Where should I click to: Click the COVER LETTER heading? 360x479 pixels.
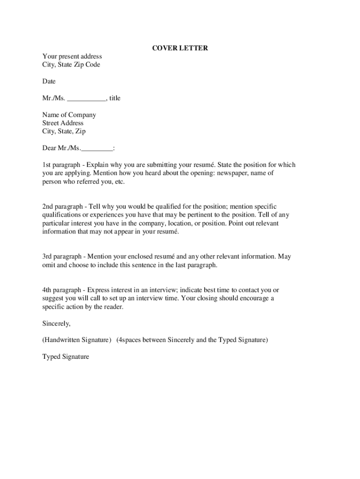(x=180, y=48)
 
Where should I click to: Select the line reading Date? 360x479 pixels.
(x=49, y=81)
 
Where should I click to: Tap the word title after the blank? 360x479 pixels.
(x=115, y=98)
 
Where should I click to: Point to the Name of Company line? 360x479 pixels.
(x=69, y=115)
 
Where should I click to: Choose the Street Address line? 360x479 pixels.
(x=63, y=123)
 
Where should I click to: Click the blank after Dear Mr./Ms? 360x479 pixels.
(x=97, y=149)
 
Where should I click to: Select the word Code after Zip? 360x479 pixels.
(x=93, y=65)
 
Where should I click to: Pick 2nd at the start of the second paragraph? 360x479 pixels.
(x=49, y=207)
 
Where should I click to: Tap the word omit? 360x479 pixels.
(x=49, y=265)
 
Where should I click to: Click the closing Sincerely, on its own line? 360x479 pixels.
(x=57, y=323)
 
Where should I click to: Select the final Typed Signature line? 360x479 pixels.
(x=65, y=357)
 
